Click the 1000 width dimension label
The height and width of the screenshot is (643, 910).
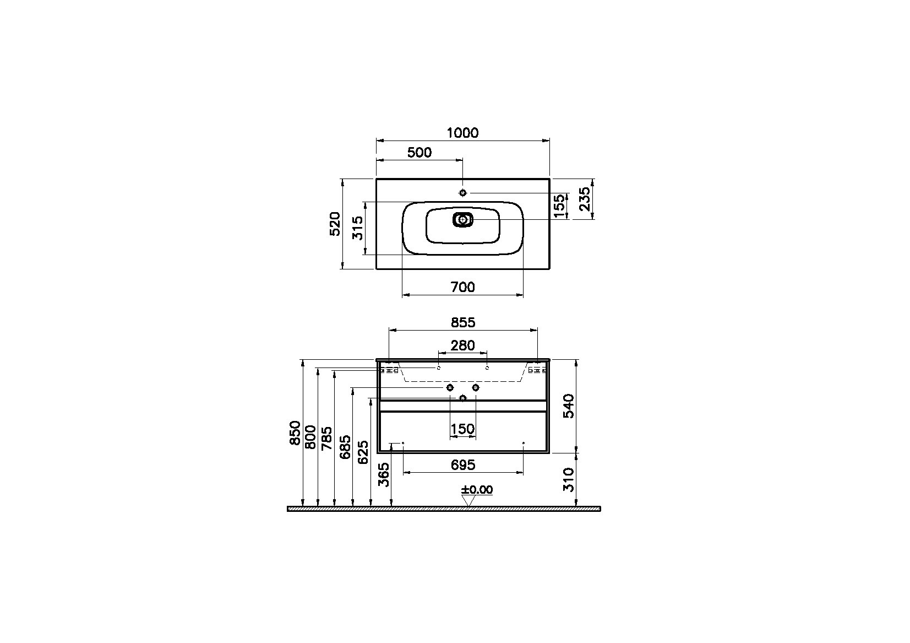[x=463, y=133]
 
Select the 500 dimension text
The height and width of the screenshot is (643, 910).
[x=419, y=153]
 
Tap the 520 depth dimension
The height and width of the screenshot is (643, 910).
[x=335, y=224]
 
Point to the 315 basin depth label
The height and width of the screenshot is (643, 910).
[x=357, y=228]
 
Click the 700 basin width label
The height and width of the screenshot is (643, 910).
[x=463, y=287]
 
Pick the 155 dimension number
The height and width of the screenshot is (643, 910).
[x=559, y=206]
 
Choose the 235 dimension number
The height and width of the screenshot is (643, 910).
[x=585, y=199]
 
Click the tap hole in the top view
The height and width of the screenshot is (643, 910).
[x=463, y=193]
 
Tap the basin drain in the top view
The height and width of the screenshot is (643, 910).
[x=463, y=220]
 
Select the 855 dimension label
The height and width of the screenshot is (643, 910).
[x=463, y=322]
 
